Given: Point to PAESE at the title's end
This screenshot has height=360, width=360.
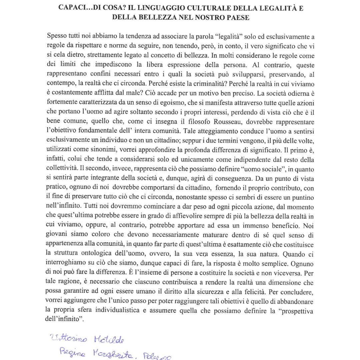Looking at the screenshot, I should click(236, 17).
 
